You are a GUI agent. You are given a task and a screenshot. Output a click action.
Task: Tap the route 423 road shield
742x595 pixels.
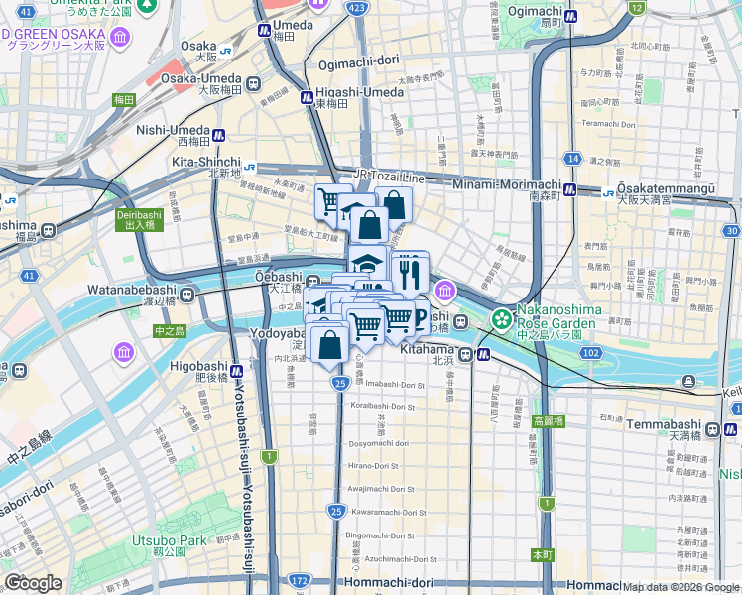point(355,8)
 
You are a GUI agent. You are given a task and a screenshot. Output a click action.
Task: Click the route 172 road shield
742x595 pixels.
point(299,579)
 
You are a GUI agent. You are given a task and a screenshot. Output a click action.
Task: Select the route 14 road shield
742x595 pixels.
point(572,158)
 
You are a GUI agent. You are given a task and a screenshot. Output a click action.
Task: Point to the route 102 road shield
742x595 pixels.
point(591,352)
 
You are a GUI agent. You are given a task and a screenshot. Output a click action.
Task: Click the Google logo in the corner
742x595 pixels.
point(33,583)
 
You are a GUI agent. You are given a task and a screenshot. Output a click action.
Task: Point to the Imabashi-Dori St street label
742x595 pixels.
point(393,383)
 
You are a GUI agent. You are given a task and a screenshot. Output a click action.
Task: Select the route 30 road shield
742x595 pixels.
point(732,231)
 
